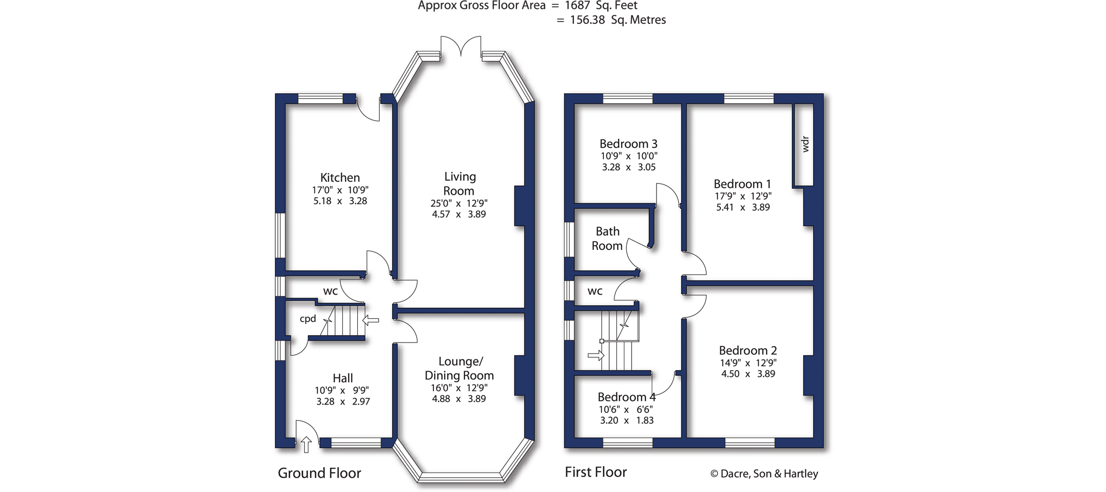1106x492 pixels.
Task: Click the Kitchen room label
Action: point(340,178)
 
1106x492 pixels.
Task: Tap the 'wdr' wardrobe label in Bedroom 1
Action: point(805,144)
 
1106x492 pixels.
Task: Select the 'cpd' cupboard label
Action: point(308,319)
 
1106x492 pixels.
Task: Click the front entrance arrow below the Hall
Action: point(306,444)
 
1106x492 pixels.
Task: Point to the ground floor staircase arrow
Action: point(370,320)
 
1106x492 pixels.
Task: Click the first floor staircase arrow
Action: point(596,356)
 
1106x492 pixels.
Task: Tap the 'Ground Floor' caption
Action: point(319,473)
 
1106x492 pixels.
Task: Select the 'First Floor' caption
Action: point(596,472)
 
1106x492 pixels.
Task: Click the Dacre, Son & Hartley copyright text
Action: point(764,474)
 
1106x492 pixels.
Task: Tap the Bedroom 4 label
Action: point(626,397)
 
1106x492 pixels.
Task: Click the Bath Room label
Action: point(607,238)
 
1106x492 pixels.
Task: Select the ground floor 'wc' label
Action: point(330,291)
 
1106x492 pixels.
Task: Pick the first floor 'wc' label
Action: point(595,291)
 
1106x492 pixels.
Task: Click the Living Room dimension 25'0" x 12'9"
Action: point(459,203)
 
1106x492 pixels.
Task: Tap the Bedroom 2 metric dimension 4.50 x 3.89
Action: point(748,374)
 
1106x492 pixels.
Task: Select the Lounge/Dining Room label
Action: point(459,368)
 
